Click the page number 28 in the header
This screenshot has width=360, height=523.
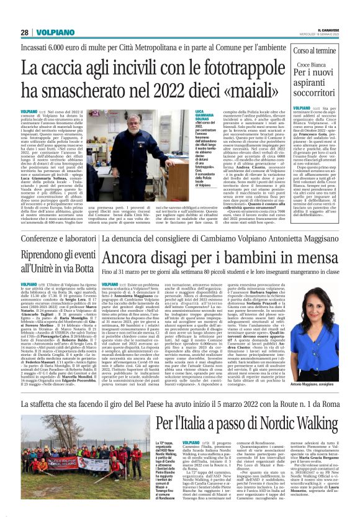coord(25,32)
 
